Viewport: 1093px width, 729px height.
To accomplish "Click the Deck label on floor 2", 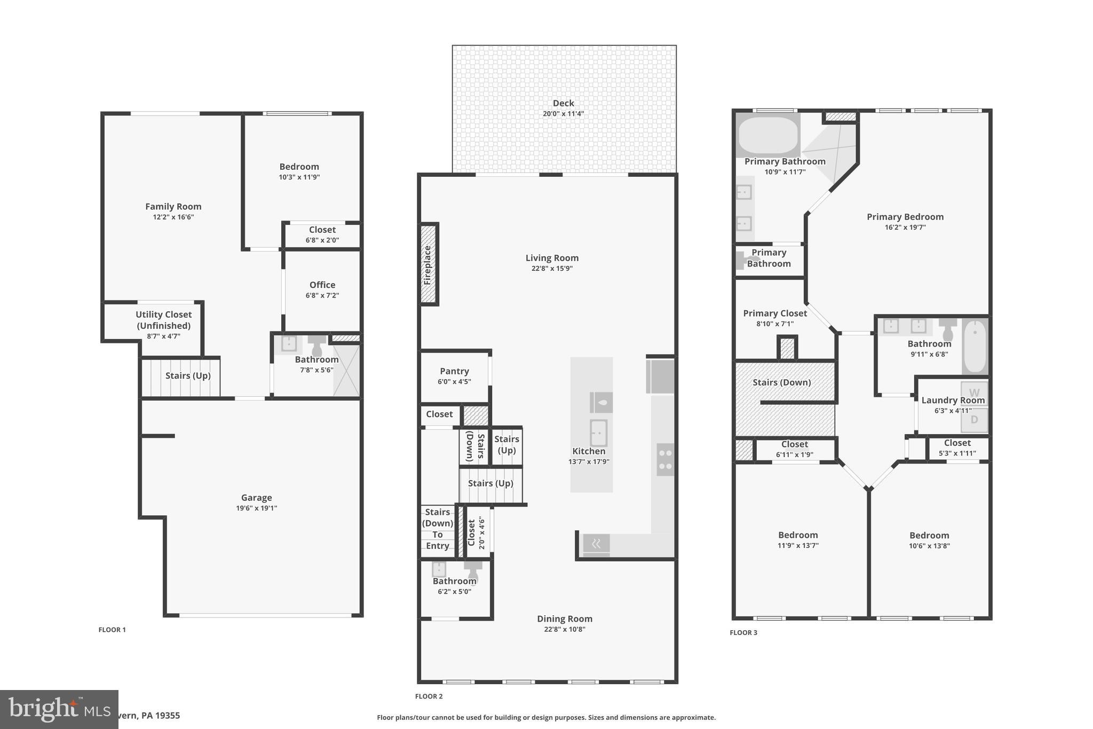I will (x=563, y=103).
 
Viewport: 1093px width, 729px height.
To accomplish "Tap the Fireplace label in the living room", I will (x=427, y=265).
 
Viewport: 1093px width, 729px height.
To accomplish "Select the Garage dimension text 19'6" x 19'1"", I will (x=256, y=508).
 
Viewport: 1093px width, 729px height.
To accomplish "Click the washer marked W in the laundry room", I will (x=974, y=394).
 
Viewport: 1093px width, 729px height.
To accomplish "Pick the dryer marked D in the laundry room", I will (x=974, y=420).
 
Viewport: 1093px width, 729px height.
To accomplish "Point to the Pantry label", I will (x=454, y=371).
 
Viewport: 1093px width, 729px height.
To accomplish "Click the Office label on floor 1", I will (x=322, y=285).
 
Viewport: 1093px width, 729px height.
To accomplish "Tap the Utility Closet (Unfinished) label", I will (x=163, y=320).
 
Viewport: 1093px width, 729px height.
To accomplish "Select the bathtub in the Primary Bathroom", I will (x=767, y=135).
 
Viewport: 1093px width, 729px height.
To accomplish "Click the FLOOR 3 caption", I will (x=743, y=633).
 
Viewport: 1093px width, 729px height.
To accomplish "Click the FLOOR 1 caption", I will (x=112, y=630).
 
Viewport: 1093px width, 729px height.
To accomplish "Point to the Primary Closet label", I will (x=775, y=313).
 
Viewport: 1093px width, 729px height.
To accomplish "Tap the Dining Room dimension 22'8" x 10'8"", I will (x=564, y=629).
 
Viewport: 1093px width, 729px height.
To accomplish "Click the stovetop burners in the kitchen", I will (x=665, y=459).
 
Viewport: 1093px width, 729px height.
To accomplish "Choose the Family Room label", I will (x=173, y=207).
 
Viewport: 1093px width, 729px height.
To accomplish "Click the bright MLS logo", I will (x=59, y=709).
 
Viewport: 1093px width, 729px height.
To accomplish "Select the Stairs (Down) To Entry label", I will (x=438, y=529).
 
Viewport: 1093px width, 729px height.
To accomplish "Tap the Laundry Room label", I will (x=953, y=400).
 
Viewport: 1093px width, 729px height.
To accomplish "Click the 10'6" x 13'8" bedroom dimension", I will (x=929, y=546).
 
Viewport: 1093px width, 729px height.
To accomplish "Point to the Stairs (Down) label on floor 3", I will (x=781, y=382).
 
